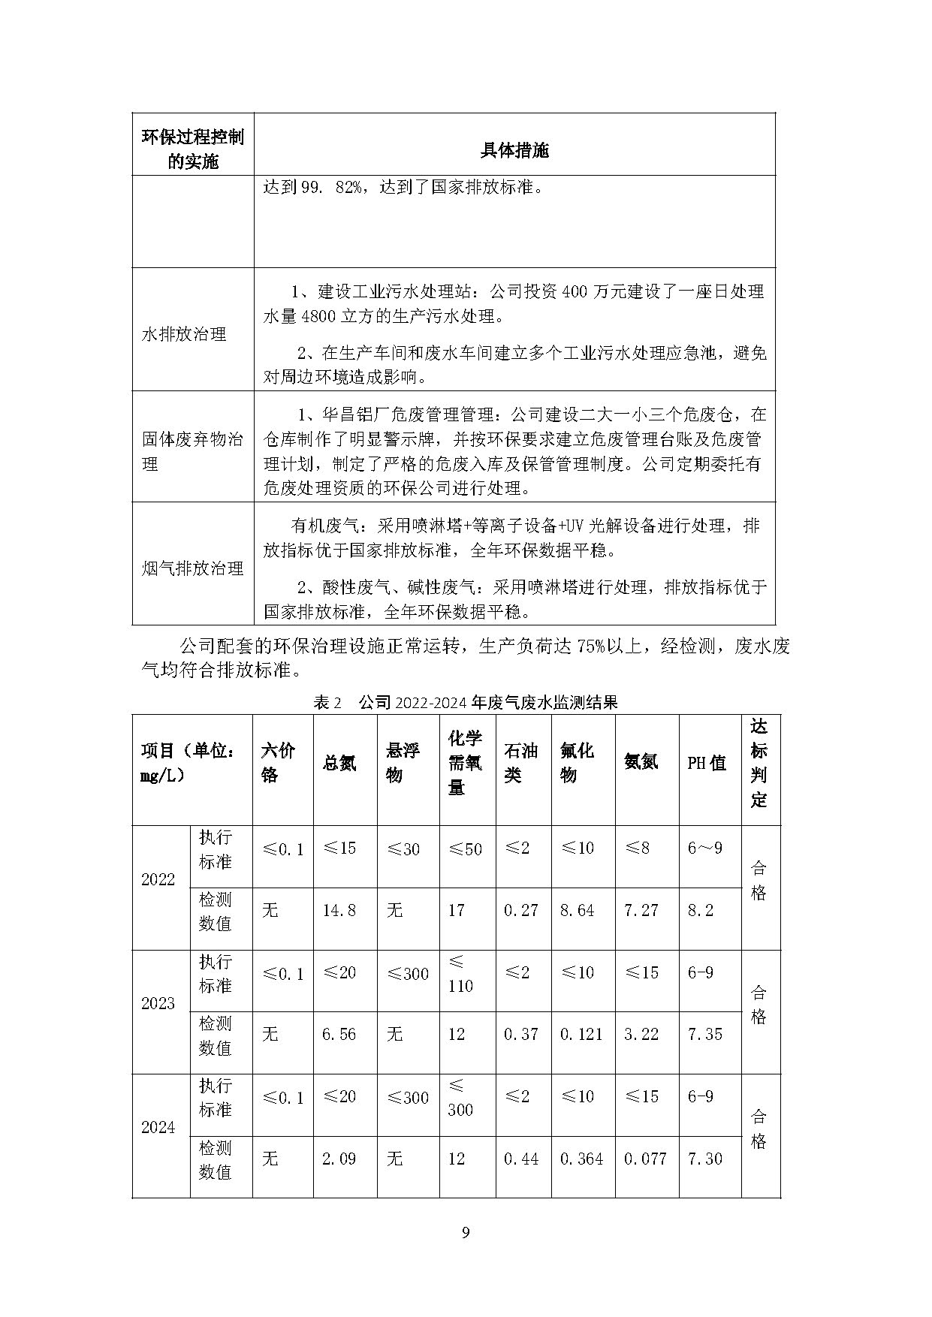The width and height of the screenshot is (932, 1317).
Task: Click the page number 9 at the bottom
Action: (x=466, y=1232)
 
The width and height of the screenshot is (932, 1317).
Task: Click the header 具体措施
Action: (x=514, y=151)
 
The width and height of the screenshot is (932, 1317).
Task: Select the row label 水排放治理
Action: (x=184, y=334)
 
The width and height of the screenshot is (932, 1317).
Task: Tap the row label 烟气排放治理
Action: (x=193, y=568)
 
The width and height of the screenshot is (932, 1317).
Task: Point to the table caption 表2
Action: (x=327, y=703)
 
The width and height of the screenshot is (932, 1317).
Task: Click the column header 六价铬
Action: (x=278, y=762)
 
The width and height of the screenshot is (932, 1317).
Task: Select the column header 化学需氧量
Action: (x=466, y=762)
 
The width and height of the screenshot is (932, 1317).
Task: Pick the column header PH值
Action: (x=707, y=763)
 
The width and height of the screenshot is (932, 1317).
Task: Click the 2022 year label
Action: (x=158, y=879)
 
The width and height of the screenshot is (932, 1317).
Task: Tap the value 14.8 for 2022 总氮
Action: (x=339, y=911)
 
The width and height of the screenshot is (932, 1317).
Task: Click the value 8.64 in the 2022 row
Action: (x=577, y=911)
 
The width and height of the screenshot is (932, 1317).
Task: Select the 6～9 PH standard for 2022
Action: (x=705, y=848)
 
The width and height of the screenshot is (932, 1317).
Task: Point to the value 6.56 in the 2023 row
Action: (x=339, y=1035)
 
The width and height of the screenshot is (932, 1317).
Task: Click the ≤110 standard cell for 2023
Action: (x=460, y=974)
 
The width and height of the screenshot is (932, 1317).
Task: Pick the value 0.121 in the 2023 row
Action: (x=581, y=1035)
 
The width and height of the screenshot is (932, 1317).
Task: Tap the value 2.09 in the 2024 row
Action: (x=339, y=1159)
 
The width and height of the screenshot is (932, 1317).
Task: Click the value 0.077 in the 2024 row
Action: (x=645, y=1159)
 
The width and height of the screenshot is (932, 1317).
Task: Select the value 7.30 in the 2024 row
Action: (x=705, y=1159)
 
